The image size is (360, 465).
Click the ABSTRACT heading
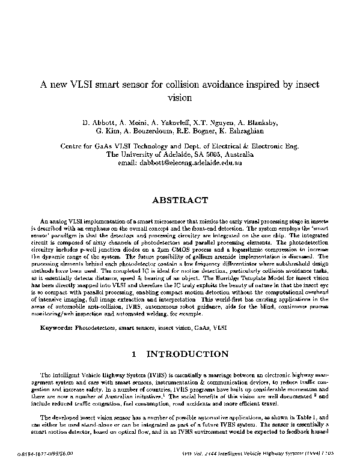pyautogui.click(x=180, y=200)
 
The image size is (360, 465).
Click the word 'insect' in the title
pyautogui.click(x=305, y=84)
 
